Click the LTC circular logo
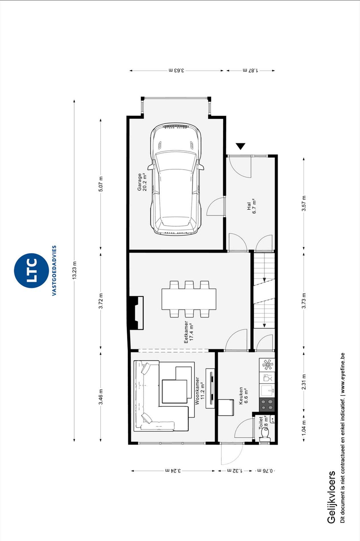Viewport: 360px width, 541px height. pyautogui.click(x=31, y=270)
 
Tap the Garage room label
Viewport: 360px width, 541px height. pyautogui.click(x=142, y=182)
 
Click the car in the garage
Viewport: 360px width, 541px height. pyautogui.click(x=176, y=179)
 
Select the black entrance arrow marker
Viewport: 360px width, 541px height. pyautogui.click(x=241, y=146)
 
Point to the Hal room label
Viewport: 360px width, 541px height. pyautogui.click(x=252, y=206)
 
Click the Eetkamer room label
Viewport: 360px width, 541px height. pyautogui.click(x=189, y=332)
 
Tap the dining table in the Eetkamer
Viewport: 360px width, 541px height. pyautogui.click(x=189, y=299)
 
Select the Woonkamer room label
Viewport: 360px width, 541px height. pyautogui.click(x=200, y=391)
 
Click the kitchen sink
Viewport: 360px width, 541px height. pyautogui.click(x=267, y=390)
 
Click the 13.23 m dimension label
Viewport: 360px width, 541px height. pyautogui.click(x=74, y=270)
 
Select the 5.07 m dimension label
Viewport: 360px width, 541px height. pyautogui.click(x=101, y=184)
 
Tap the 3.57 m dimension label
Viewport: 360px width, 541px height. pyautogui.click(x=304, y=203)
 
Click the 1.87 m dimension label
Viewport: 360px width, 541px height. pyautogui.click(x=251, y=70)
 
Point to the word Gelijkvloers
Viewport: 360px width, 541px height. pyautogui.click(x=331, y=497)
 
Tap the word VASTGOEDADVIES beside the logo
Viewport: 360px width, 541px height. pyautogui.click(x=54, y=270)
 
